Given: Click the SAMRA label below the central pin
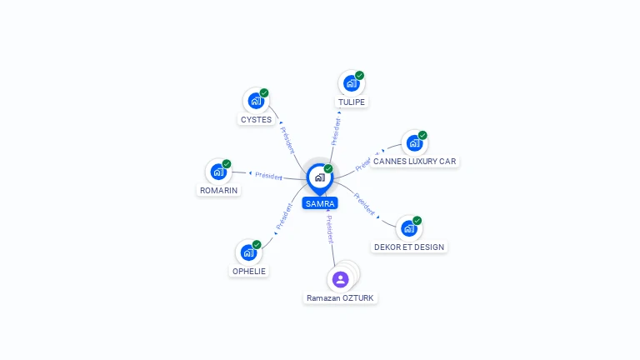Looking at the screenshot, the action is (x=320, y=203).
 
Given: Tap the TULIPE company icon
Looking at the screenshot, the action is (x=351, y=83).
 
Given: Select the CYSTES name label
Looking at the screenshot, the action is (x=256, y=120).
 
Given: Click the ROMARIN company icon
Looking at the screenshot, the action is (x=218, y=172).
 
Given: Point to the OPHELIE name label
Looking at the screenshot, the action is (x=249, y=271).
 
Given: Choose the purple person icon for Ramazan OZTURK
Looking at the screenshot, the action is (x=340, y=280).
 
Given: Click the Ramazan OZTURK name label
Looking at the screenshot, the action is (x=340, y=298).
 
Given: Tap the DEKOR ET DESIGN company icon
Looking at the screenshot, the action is (x=409, y=228).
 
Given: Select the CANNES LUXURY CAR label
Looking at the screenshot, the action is (x=415, y=161).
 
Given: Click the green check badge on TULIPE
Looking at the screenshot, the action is (x=359, y=76).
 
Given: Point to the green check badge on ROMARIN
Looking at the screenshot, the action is (x=227, y=164).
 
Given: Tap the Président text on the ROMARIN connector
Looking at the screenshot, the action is (x=268, y=176).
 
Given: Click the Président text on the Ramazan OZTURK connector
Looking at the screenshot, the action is (x=330, y=229).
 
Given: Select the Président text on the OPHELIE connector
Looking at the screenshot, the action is (x=284, y=217).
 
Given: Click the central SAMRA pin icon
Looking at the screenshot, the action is (x=320, y=178).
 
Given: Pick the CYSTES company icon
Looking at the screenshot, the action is (x=256, y=101).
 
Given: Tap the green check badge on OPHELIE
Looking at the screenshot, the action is (x=257, y=244).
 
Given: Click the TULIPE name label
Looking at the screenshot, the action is (x=352, y=102).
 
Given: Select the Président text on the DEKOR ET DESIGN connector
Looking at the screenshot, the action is (x=364, y=203).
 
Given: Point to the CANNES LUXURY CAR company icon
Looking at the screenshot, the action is (x=414, y=143).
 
